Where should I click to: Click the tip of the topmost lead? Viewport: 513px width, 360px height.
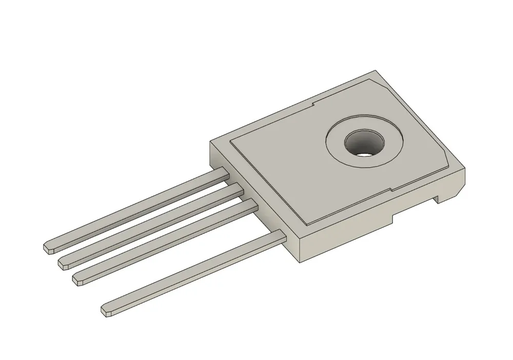click(48, 248)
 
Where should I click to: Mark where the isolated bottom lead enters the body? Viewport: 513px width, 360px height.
click(282, 236)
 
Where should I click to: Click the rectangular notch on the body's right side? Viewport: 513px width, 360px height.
click(442, 198)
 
